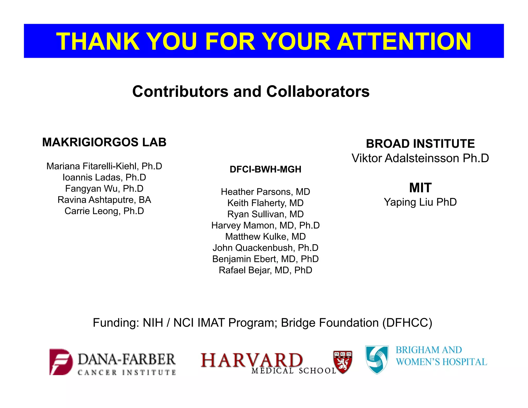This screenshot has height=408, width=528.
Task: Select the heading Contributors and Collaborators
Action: click(251, 92)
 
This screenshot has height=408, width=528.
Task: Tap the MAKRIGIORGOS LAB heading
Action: click(104, 142)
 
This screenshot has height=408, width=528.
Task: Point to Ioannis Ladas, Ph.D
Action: click(104, 177)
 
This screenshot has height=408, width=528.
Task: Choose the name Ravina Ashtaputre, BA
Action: click(104, 200)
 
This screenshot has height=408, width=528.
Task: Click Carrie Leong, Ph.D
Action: click(104, 211)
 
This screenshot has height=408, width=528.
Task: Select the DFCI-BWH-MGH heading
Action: click(265, 169)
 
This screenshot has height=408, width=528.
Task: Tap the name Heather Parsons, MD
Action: click(265, 192)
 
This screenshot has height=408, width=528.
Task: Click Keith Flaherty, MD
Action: click(265, 203)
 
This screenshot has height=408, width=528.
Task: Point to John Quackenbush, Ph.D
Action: click(265, 248)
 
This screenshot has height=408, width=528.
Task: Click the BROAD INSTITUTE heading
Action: click(420, 144)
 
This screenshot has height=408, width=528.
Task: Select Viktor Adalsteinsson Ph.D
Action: click(420, 158)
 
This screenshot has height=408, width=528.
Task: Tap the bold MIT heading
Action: click(420, 188)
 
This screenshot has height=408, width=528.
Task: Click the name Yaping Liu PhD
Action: click(420, 202)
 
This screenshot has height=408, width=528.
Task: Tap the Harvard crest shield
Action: click(343, 362)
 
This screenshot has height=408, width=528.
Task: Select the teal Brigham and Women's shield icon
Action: click(377, 360)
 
